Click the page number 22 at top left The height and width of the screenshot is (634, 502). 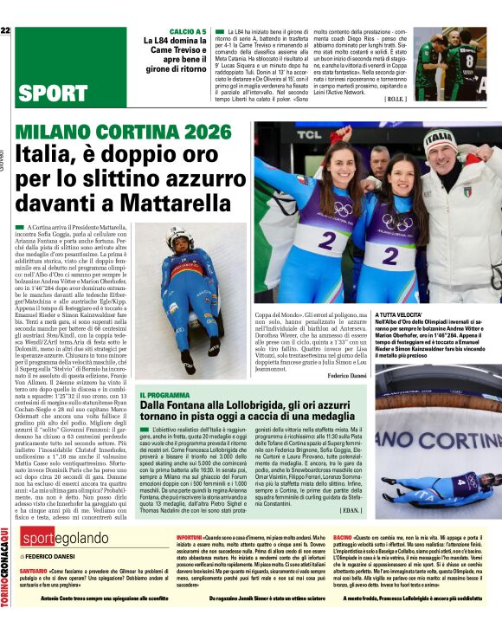pos(5,31)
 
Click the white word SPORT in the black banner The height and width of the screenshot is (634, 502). pos(51,94)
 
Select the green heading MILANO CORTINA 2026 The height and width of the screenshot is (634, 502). pos(117,133)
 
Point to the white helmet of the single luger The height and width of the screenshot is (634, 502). pos(178,236)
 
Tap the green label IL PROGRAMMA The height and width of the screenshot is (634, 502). pos(161,394)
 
